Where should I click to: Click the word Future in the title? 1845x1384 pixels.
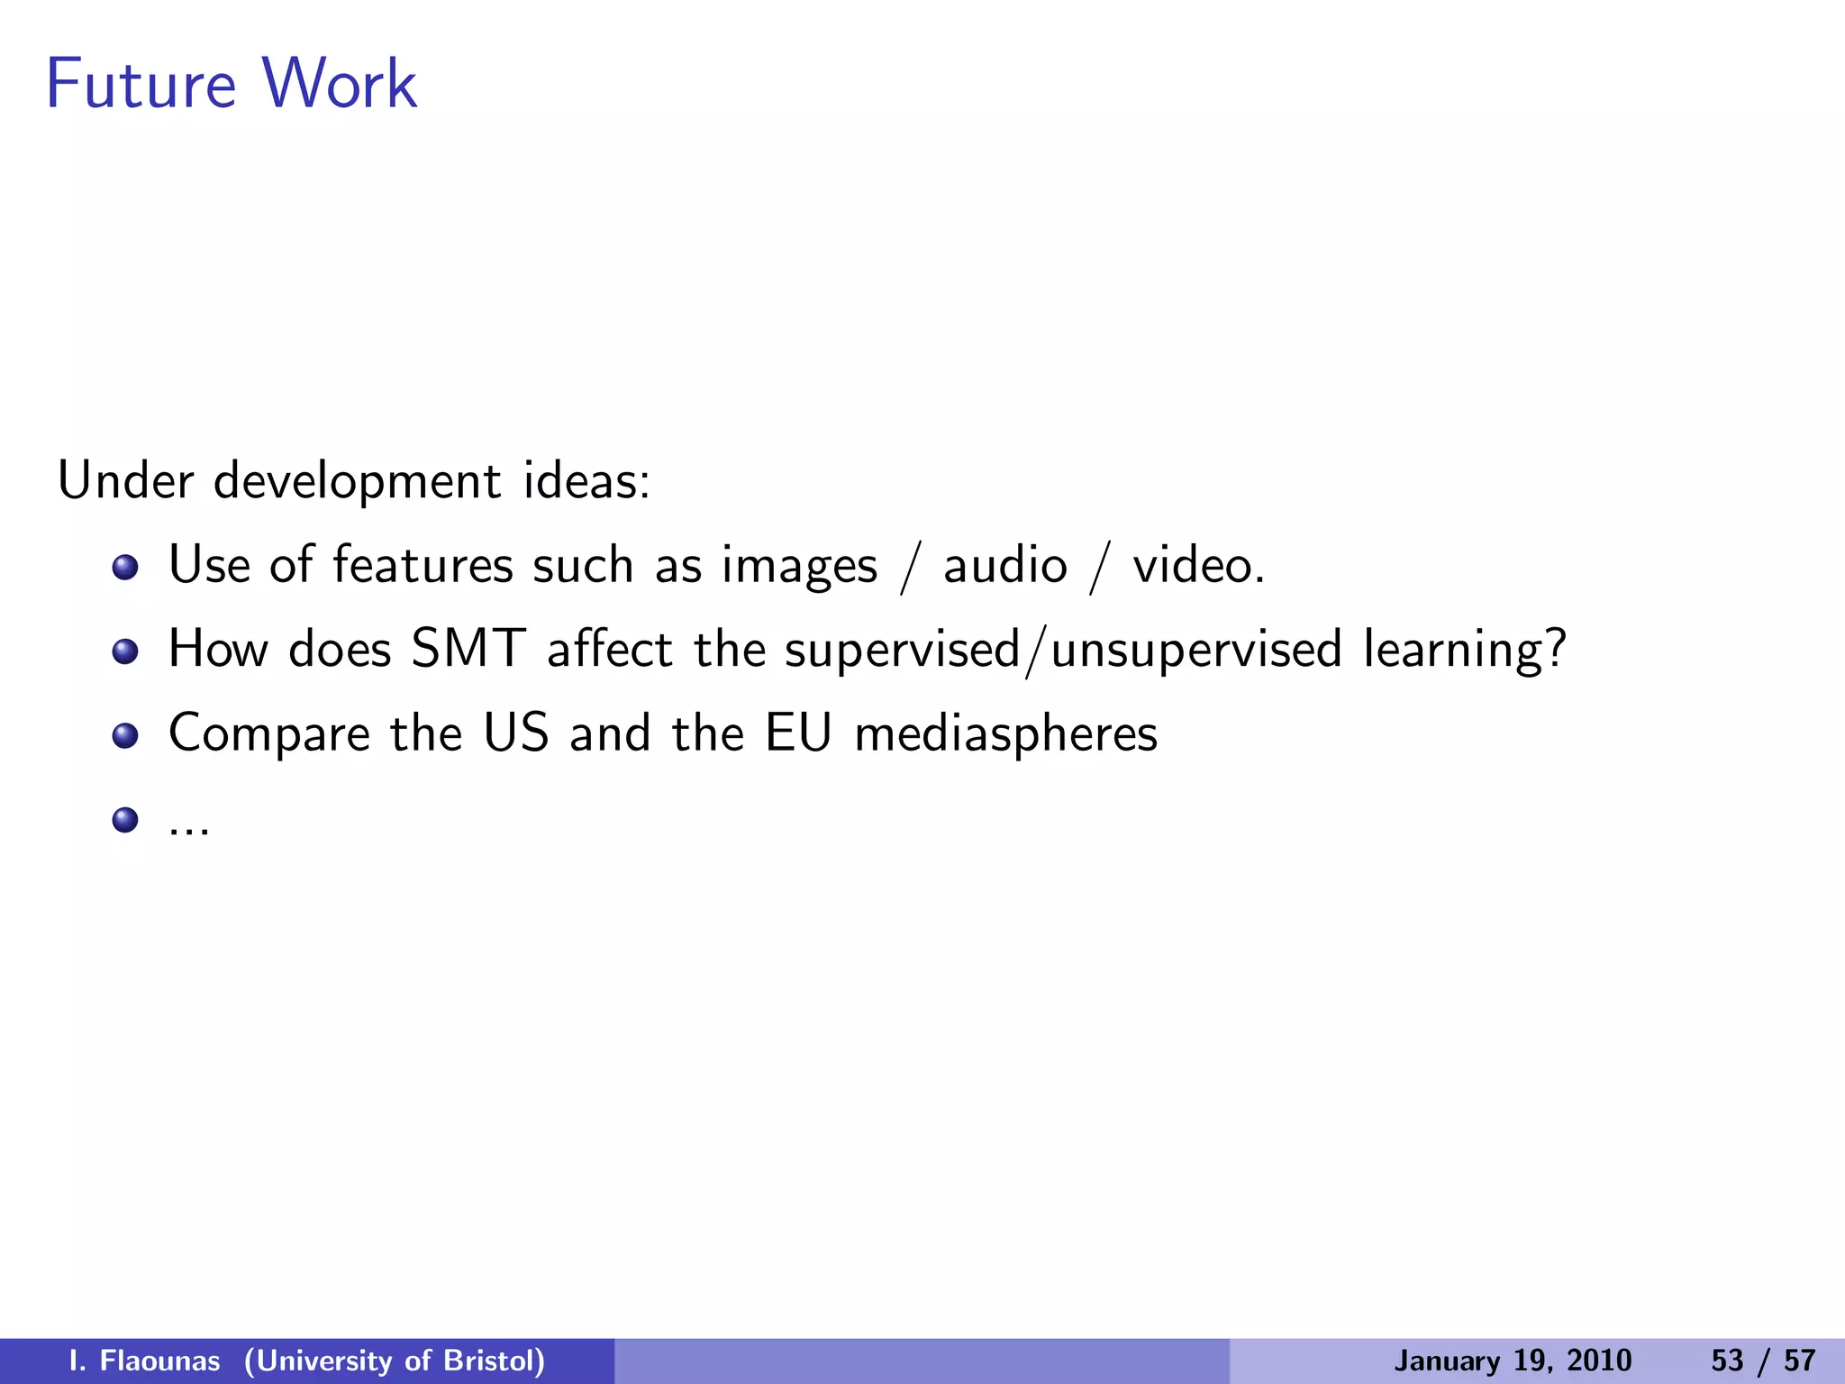tap(141, 84)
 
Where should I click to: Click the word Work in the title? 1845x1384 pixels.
tap(340, 84)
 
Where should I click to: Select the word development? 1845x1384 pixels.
tap(357, 481)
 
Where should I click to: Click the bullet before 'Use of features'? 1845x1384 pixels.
tap(125, 568)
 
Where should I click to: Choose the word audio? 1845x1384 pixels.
tap(1004, 566)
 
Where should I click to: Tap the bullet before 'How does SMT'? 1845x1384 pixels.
tap(125, 651)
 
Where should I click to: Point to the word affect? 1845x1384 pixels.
tap(610, 649)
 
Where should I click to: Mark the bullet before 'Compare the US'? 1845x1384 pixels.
tap(125, 735)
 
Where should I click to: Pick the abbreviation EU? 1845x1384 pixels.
tap(798, 733)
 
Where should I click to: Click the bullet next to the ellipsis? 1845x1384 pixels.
tap(125, 820)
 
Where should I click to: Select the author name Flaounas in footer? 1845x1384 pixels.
tap(159, 1361)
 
